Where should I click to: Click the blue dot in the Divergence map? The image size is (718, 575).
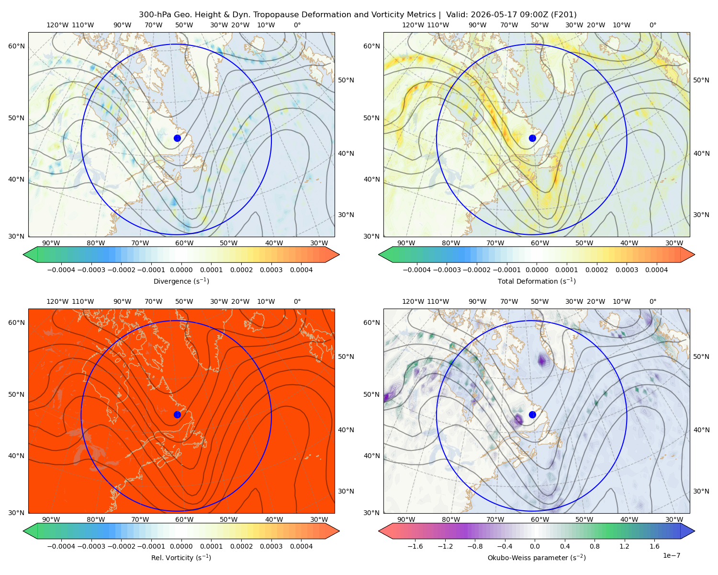177,138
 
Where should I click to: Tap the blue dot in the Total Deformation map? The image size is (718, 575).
532,138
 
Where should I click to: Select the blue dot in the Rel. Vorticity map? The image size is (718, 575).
177,414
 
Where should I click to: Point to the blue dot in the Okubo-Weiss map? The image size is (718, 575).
532,414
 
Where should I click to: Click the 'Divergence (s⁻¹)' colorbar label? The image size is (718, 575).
181,281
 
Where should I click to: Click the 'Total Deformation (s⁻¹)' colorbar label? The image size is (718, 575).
537,281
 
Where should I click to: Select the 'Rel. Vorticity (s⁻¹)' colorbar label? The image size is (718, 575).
181,558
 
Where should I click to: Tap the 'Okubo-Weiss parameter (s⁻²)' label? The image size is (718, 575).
537,558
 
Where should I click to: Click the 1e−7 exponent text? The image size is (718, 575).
671,555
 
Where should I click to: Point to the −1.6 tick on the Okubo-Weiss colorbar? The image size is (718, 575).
415,546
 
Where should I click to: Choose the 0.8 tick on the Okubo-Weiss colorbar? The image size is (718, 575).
595,546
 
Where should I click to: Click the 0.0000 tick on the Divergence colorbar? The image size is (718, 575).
181,270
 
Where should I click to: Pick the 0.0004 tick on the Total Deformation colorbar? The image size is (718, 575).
656,270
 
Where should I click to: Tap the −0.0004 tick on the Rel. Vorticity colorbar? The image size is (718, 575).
61,546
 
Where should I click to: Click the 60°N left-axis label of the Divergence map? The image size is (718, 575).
16,46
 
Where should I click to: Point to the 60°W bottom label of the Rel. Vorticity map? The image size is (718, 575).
184,519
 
